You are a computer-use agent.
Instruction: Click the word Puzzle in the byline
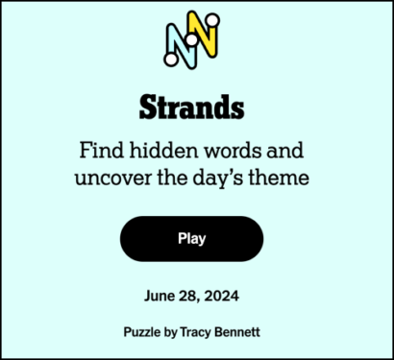click(x=143, y=331)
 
